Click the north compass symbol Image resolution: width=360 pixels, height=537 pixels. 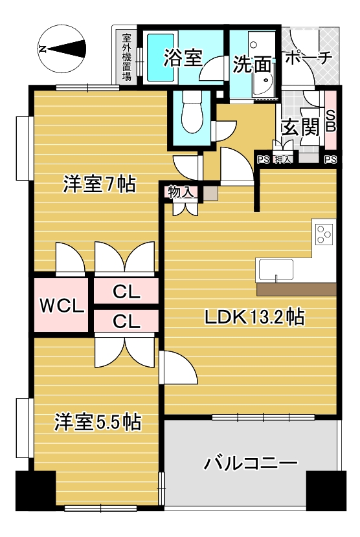click(62, 50)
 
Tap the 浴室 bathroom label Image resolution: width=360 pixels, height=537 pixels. click(183, 58)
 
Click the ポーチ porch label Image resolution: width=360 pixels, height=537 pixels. click(308, 58)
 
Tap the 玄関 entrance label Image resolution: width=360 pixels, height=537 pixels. click(300, 128)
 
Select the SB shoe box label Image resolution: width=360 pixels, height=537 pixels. click(330, 121)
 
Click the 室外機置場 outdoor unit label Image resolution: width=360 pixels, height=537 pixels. click(127, 57)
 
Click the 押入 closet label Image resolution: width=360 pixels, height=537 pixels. click(282, 159)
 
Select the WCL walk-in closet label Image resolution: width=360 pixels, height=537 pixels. click(62, 305)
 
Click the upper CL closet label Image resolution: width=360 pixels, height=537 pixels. click(126, 292)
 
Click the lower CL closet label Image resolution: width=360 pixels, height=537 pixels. click(126, 322)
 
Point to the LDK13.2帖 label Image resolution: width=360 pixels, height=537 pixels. click(254, 317)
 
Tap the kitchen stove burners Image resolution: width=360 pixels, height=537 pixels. click(324, 234)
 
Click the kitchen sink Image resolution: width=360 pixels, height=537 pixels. click(276, 270)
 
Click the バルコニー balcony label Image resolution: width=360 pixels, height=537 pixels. click(251, 464)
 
